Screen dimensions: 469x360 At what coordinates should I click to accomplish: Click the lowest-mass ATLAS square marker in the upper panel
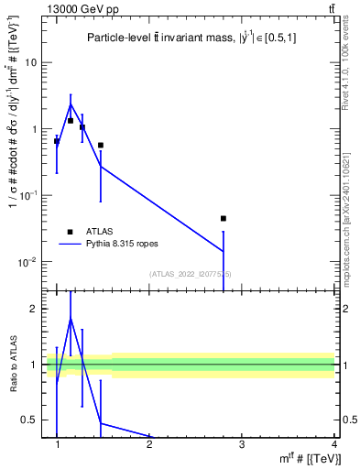[57, 141]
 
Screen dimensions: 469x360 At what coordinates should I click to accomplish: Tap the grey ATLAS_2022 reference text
[191, 274]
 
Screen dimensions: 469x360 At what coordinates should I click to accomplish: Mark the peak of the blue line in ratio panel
[71, 318]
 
